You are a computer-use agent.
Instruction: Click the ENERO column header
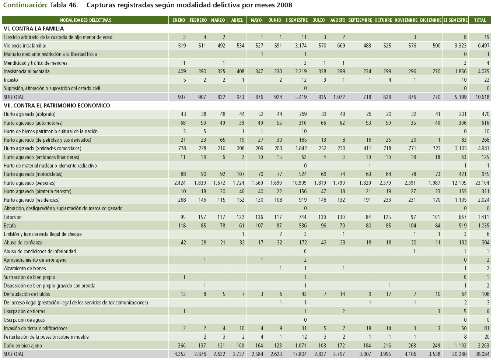(179, 20)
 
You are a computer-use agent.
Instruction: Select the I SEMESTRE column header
(297, 20)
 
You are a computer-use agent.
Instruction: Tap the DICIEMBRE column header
(430, 20)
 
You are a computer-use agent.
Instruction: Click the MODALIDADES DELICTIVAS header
(85, 20)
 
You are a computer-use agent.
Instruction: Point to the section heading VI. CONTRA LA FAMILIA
(34, 28)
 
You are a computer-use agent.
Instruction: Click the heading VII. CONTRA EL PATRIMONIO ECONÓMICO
(57, 106)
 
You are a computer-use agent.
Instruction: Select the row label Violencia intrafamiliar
(25, 46)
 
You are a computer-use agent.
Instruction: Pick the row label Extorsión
(13, 217)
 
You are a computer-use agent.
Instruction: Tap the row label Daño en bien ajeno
(23, 346)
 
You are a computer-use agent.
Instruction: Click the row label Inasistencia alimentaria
(27, 71)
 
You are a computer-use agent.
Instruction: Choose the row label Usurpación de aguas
(24, 320)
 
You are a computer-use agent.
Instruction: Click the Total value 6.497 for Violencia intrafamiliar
(483, 46)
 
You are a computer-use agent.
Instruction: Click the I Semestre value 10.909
(299, 183)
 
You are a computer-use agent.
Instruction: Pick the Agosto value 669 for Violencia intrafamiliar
(341, 46)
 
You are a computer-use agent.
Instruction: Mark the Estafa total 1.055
(483, 226)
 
